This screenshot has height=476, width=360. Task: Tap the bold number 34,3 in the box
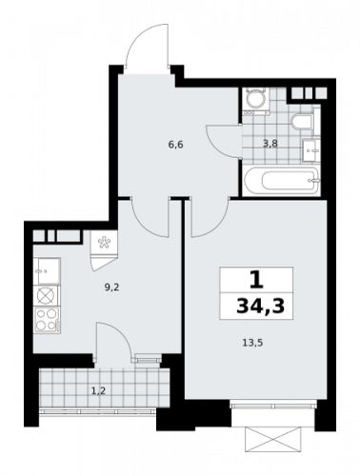255,306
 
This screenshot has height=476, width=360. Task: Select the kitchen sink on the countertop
47,272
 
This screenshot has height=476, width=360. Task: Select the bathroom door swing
223,140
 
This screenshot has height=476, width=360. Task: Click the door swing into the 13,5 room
203,219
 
